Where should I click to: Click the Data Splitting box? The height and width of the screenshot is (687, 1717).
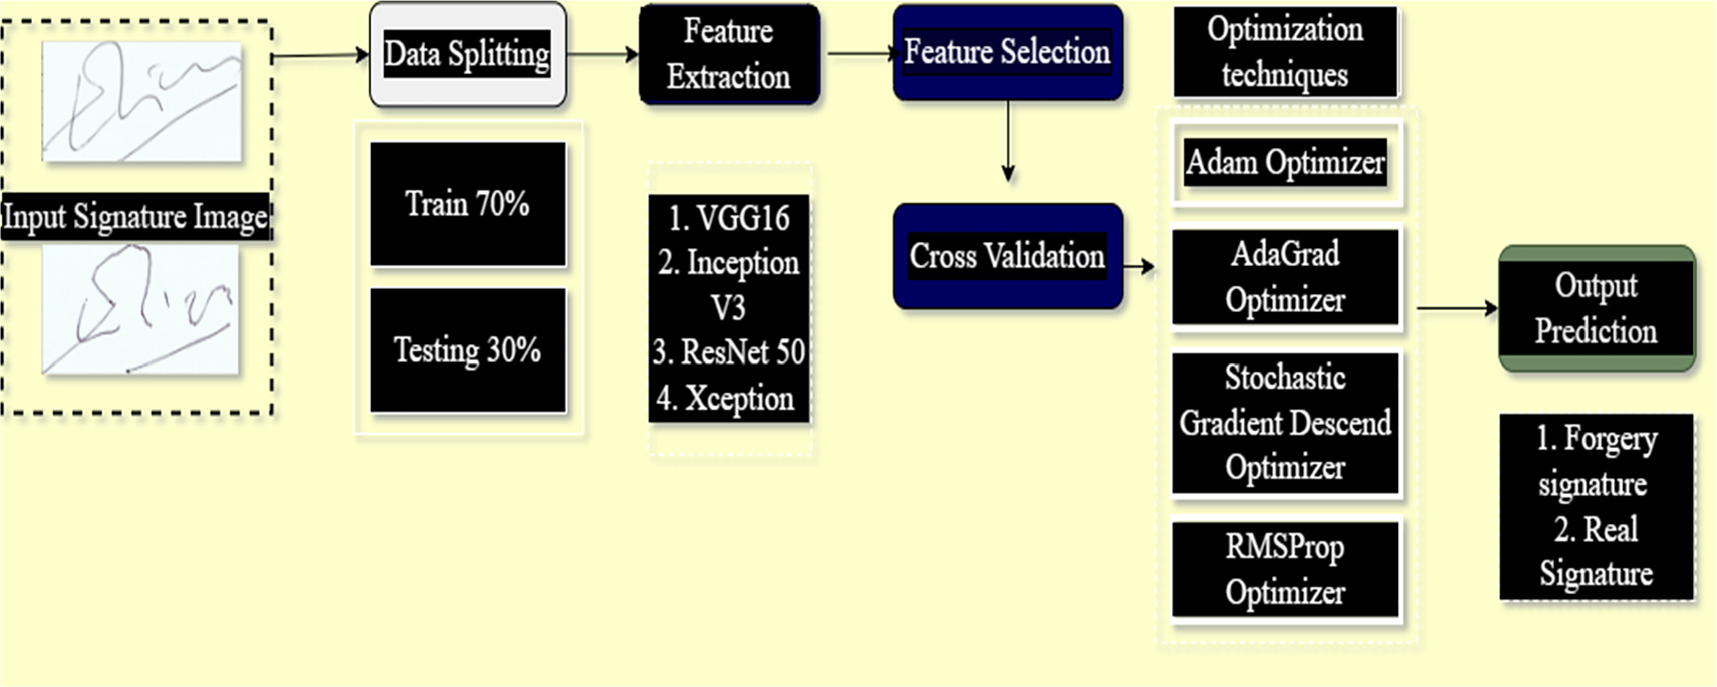click(467, 54)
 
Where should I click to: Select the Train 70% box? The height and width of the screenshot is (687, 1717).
click(467, 204)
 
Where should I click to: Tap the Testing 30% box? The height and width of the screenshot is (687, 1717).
click(467, 350)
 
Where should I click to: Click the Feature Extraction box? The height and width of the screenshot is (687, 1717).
click(729, 54)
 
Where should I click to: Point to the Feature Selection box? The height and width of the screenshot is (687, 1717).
click(1006, 52)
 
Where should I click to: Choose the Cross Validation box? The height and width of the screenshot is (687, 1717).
click(1006, 256)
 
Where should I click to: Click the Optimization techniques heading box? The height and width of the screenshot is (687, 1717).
click(1284, 52)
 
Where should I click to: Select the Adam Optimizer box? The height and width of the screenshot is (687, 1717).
click(1285, 162)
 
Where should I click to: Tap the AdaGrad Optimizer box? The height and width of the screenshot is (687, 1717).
click(1284, 277)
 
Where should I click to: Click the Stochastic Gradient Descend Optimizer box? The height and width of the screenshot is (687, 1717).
click(1284, 423)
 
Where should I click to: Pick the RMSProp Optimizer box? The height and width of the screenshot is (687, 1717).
click(1284, 569)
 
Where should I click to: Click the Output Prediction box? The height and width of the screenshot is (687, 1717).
click(1596, 308)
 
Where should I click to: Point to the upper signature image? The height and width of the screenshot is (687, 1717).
click(141, 101)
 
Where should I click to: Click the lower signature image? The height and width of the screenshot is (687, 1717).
click(140, 310)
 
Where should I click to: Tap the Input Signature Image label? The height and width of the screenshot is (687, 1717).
click(136, 217)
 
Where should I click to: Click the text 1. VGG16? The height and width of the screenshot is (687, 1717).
click(729, 218)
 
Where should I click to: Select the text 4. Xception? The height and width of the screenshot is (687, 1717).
click(726, 399)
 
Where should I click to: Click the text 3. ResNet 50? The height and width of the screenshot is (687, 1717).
click(729, 352)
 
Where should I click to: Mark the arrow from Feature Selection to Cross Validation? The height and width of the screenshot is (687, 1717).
click(1007, 140)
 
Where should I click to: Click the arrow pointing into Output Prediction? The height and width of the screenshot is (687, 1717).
click(1457, 308)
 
